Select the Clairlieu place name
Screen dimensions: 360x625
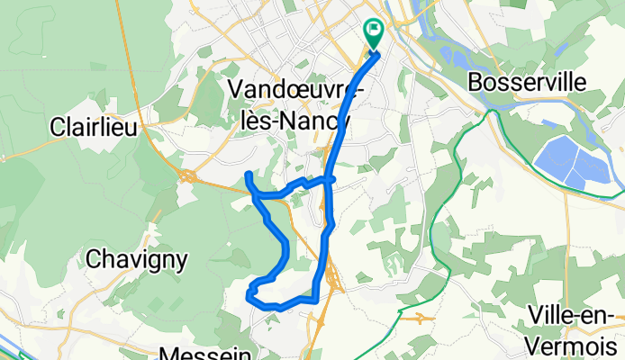95,127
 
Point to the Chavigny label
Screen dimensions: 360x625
138,260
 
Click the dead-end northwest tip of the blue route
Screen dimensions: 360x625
248,172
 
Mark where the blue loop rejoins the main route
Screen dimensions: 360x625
330,180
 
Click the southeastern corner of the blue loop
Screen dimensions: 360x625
315,299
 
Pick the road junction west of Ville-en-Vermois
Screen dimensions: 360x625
420,316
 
